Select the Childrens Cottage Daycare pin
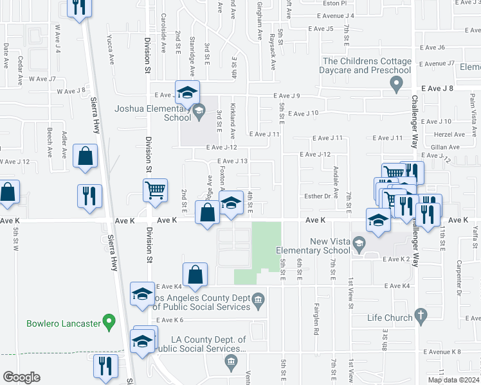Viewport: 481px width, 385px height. (397, 83)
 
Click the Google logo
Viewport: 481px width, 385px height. (21, 377)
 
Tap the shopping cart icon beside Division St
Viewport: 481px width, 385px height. (156, 191)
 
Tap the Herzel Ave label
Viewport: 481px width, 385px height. (449, 134)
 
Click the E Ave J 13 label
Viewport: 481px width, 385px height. (232, 161)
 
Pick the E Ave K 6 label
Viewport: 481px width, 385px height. (169, 320)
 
